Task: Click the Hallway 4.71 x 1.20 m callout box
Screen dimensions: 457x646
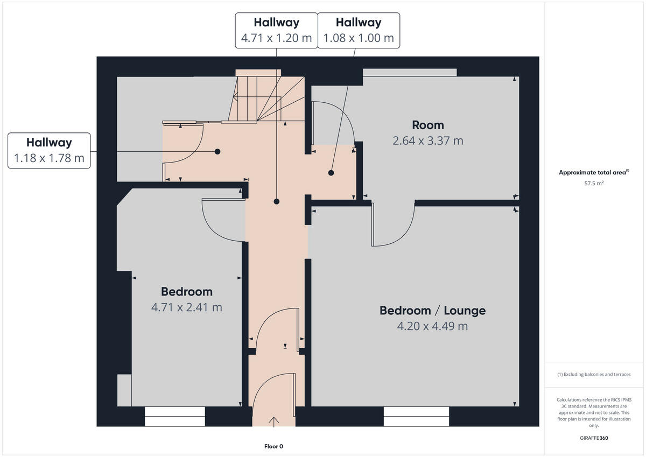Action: pos(276,30)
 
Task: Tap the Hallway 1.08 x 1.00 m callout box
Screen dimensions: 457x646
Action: pos(359,30)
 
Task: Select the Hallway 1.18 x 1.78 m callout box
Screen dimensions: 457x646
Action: pos(49,150)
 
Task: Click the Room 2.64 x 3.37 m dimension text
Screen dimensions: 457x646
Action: pos(428,141)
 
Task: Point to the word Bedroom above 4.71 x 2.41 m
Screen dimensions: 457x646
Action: pos(187,292)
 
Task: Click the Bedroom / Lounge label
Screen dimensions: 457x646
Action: pos(432,311)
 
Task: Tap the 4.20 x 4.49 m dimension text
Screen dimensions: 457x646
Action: pos(432,326)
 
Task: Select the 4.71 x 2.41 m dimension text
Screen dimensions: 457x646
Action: pos(187,307)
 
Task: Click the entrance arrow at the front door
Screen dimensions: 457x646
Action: pos(274,421)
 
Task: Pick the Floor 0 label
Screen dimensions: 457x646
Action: pos(273,446)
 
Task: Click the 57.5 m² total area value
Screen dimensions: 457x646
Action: pos(594,184)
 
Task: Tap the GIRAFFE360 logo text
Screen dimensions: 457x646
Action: pos(594,438)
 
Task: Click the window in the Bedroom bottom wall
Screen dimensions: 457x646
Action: pos(175,417)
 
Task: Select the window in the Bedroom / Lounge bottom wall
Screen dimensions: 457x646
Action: pos(416,417)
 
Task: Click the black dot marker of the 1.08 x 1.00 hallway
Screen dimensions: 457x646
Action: pos(331,173)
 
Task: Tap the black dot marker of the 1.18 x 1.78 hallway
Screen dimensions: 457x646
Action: pos(217,152)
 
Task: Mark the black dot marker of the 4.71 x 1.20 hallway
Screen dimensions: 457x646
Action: pos(276,202)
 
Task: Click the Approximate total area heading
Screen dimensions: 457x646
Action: pos(594,173)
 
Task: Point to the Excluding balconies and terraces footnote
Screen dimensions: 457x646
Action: pos(594,375)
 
